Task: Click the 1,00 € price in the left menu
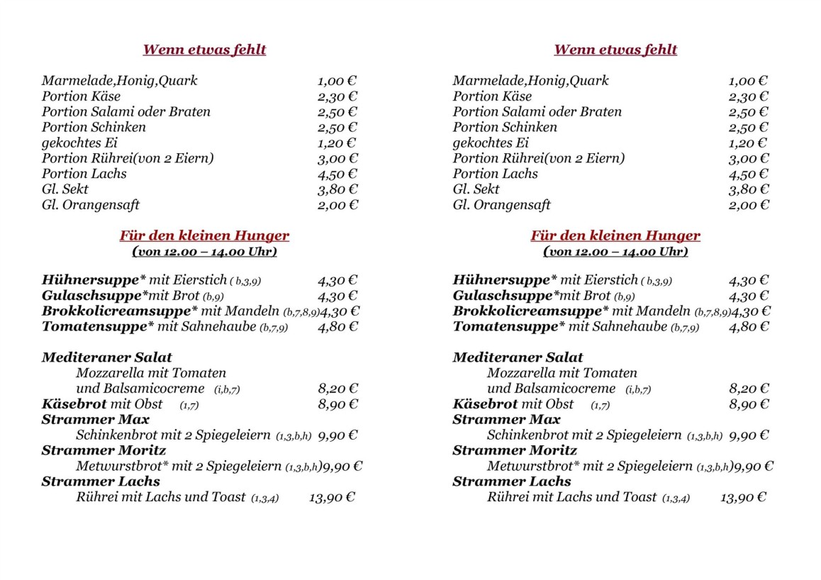click(x=337, y=81)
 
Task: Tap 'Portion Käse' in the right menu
click(x=492, y=96)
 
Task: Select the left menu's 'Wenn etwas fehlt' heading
click(x=204, y=50)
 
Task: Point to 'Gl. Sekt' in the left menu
click(x=65, y=189)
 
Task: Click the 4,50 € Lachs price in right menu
click(x=748, y=174)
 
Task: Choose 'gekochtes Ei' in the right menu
click(x=491, y=143)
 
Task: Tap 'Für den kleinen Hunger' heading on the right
click(x=615, y=235)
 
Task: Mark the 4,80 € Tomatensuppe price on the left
click(x=337, y=327)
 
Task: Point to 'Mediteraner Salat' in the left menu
click(x=107, y=357)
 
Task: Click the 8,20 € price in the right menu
click(x=749, y=389)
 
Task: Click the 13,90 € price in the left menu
click(x=332, y=498)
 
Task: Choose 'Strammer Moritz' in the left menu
click(x=104, y=450)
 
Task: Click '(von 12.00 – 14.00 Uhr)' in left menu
click(x=204, y=252)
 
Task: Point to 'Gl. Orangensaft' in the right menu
click(x=501, y=206)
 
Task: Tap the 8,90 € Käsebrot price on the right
click(x=749, y=404)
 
